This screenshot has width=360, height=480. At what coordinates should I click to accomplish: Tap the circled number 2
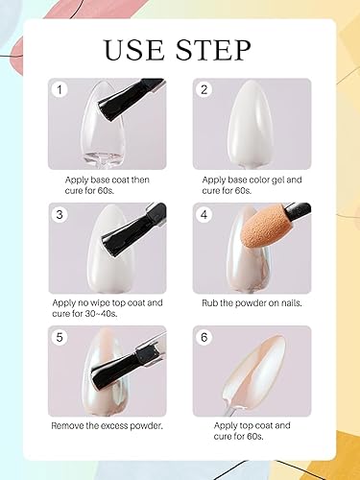[x=204, y=90]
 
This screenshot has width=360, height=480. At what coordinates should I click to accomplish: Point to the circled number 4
[x=204, y=214]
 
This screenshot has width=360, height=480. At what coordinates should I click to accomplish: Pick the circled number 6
[x=204, y=338]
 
